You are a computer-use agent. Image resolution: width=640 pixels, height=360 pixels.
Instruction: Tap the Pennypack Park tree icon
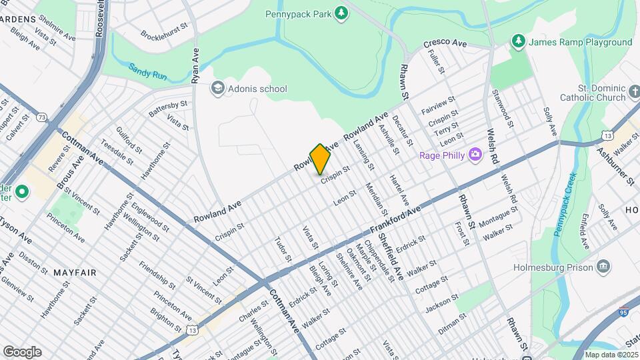tap(341, 13)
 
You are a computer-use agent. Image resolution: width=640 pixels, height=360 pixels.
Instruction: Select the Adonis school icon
tap(217, 88)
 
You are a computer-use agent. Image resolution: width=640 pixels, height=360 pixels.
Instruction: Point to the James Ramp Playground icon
tap(518, 41)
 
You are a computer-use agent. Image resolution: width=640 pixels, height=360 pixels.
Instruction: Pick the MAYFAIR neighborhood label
tap(75, 273)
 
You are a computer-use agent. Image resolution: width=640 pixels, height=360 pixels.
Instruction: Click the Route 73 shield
tap(43, 117)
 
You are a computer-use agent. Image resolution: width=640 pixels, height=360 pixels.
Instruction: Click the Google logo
tap(22, 351)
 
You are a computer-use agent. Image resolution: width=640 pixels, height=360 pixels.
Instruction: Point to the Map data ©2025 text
tap(610, 355)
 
